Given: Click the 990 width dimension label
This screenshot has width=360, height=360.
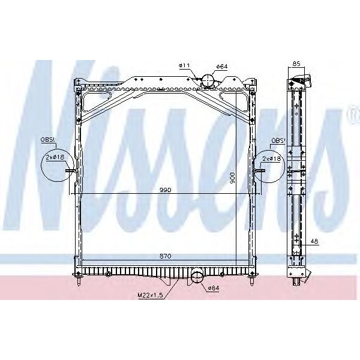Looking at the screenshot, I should tap(166, 190).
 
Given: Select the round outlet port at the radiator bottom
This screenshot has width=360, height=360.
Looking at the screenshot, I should tap(196, 277).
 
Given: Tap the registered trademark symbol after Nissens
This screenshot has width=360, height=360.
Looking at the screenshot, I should tap(353, 113).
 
